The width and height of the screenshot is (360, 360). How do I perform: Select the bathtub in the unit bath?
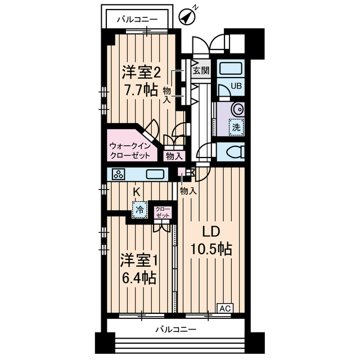click(231, 70)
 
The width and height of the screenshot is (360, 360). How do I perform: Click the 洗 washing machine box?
click(237, 127)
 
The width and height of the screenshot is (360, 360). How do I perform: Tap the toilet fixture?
click(232, 151)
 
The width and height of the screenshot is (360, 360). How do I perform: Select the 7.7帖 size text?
click(141, 90)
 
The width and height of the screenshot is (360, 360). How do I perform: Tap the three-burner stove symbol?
click(119, 174)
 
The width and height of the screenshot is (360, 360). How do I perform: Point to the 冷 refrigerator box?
click(138, 210)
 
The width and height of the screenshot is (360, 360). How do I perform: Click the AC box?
click(225, 308)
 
